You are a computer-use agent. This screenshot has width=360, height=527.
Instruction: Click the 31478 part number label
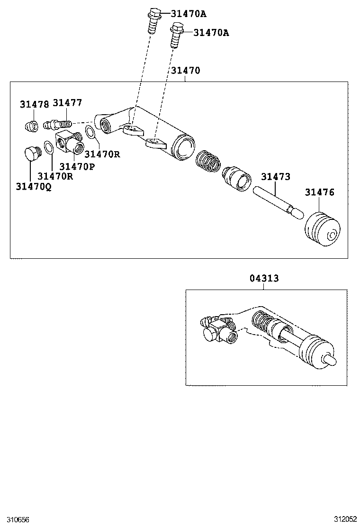tap(34, 104)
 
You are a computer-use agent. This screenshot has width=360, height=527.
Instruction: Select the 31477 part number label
tap(67, 103)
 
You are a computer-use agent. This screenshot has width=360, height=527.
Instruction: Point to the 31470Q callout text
tap(34, 187)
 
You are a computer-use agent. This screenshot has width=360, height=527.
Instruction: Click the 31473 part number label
tap(275, 177)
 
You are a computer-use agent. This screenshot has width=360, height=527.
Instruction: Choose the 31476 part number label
tap(319, 192)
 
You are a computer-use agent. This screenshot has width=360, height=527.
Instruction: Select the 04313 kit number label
tap(264, 278)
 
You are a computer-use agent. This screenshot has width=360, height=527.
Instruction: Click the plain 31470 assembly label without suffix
tap(186, 71)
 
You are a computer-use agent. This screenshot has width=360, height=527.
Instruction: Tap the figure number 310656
tap(15, 519)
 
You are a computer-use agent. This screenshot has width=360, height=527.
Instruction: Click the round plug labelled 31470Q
tap(31, 154)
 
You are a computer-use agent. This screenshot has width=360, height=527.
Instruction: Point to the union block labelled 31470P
tap(69, 143)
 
